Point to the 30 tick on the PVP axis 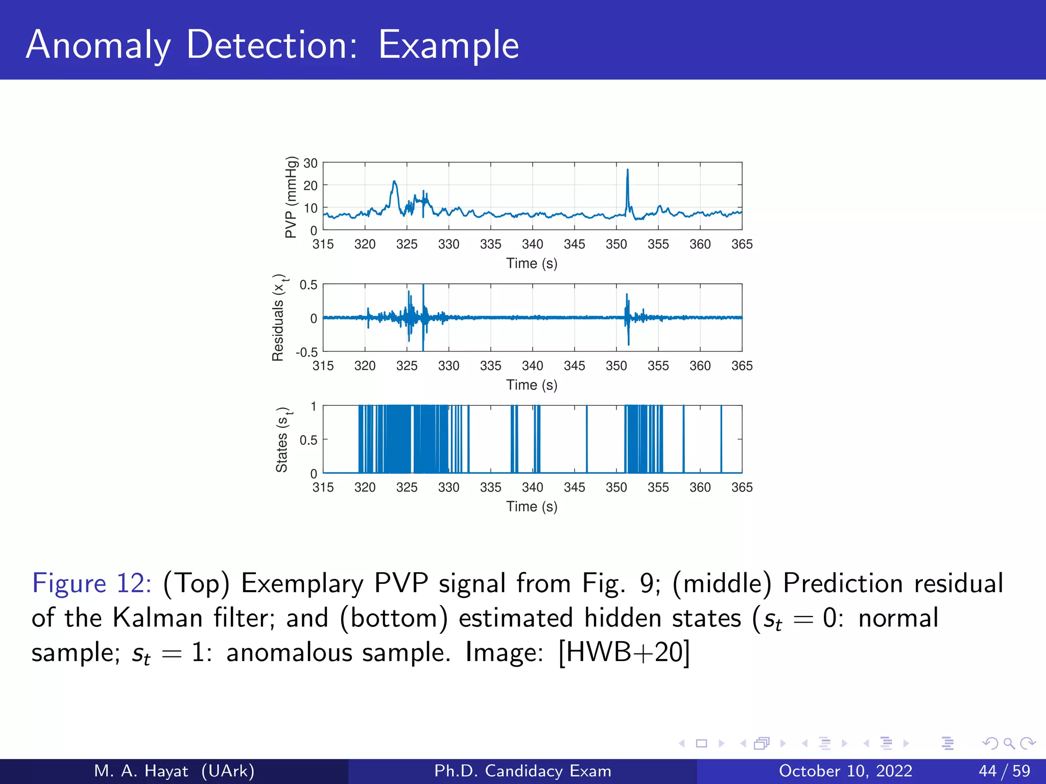(311, 163)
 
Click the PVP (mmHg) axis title (291, 197)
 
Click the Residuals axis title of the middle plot (279, 317)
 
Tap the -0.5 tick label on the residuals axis (306, 352)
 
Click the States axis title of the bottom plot (282, 439)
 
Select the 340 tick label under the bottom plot (532, 487)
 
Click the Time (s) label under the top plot (532, 263)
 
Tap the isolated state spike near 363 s (721, 439)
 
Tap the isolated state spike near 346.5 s (587, 439)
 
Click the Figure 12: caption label (91, 583)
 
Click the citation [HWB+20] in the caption (624, 652)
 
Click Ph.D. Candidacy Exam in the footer (522, 771)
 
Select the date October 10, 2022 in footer (845, 771)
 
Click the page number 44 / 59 (1004, 771)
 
